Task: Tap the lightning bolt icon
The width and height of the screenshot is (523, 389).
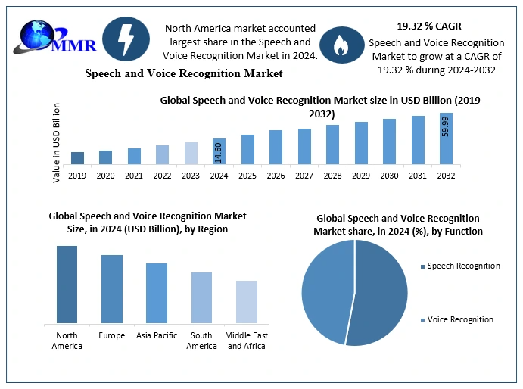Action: (125, 40)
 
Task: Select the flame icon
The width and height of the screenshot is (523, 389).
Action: (340, 46)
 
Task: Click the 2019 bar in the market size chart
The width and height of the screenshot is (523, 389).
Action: (78, 157)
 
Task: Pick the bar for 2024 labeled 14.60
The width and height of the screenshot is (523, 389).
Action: (219, 151)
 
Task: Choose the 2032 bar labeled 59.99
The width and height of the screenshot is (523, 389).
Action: (446, 138)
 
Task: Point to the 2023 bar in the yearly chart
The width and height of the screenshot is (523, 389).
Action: (191, 153)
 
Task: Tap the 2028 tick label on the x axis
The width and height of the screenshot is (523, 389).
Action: (332, 176)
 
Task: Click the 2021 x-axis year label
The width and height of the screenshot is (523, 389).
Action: (134, 176)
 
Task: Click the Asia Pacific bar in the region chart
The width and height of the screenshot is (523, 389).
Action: (157, 293)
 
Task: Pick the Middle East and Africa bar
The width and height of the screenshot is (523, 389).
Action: (247, 302)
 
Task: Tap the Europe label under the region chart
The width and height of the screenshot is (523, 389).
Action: (111, 335)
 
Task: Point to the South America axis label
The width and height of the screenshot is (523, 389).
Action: (202, 341)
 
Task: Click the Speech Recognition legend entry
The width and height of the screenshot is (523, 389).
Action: (462, 266)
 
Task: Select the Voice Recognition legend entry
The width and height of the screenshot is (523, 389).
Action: (459, 319)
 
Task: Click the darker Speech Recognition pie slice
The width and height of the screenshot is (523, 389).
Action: (378, 295)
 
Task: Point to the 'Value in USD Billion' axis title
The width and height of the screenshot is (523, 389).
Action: (57, 143)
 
